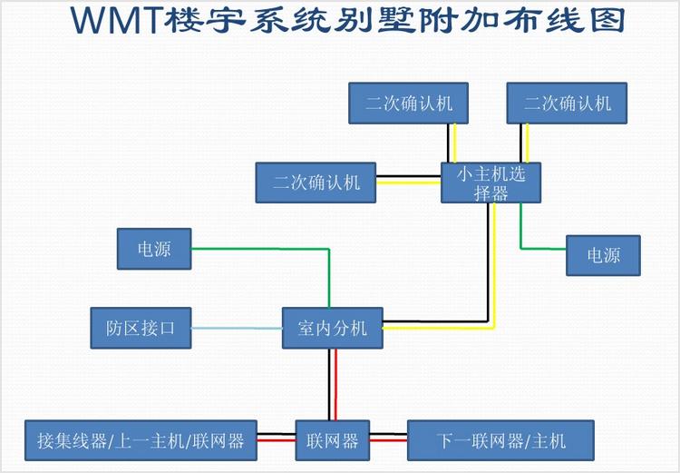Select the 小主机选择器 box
[491, 182]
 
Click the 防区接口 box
[141, 328]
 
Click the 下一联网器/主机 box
[500, 440]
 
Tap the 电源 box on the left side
[154, 248]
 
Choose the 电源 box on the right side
[604, 255]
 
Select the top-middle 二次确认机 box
[409, 103]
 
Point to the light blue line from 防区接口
[237, 328]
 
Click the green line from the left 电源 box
[263, 248]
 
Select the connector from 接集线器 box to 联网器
[277, 440]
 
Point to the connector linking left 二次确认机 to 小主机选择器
[409, 179]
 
